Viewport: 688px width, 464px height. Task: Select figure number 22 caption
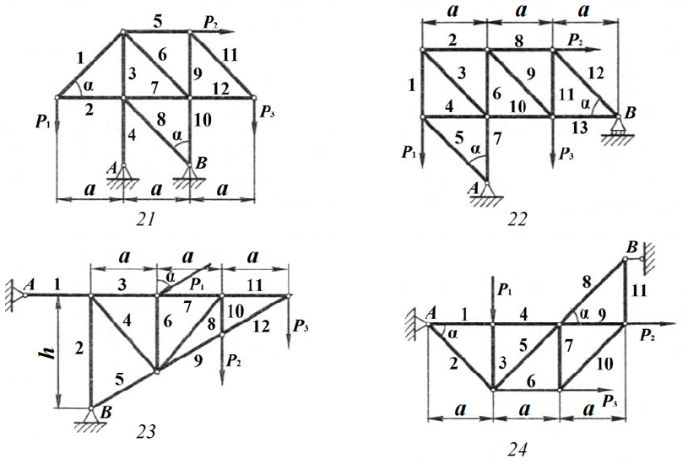click(517, 220)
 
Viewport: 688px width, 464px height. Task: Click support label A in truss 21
click(109, 167)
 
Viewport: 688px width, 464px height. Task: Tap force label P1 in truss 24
click(504, 290)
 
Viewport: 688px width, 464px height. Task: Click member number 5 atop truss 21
click(156, 16)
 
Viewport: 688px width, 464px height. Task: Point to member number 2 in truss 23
click(78, 347)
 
